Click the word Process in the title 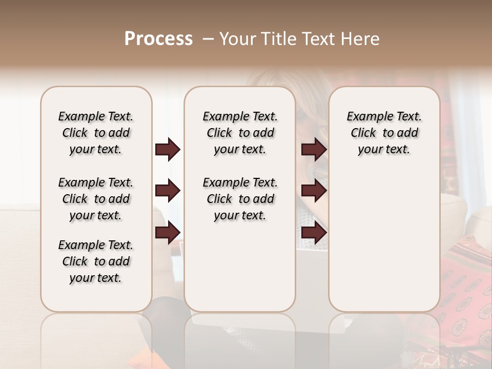pos(158,39)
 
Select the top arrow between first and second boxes pos(168,150)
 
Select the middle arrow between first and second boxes pos(168,191)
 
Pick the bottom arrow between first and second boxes pos(168,232)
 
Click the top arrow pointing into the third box pos(314,150)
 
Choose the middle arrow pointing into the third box pos(314,191)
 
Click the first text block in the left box pos(96,133)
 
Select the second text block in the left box pos(96,199)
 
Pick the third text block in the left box pos(96,261)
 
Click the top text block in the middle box pos(240,133)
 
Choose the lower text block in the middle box pos(240,199)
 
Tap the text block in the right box pos(384,133)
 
